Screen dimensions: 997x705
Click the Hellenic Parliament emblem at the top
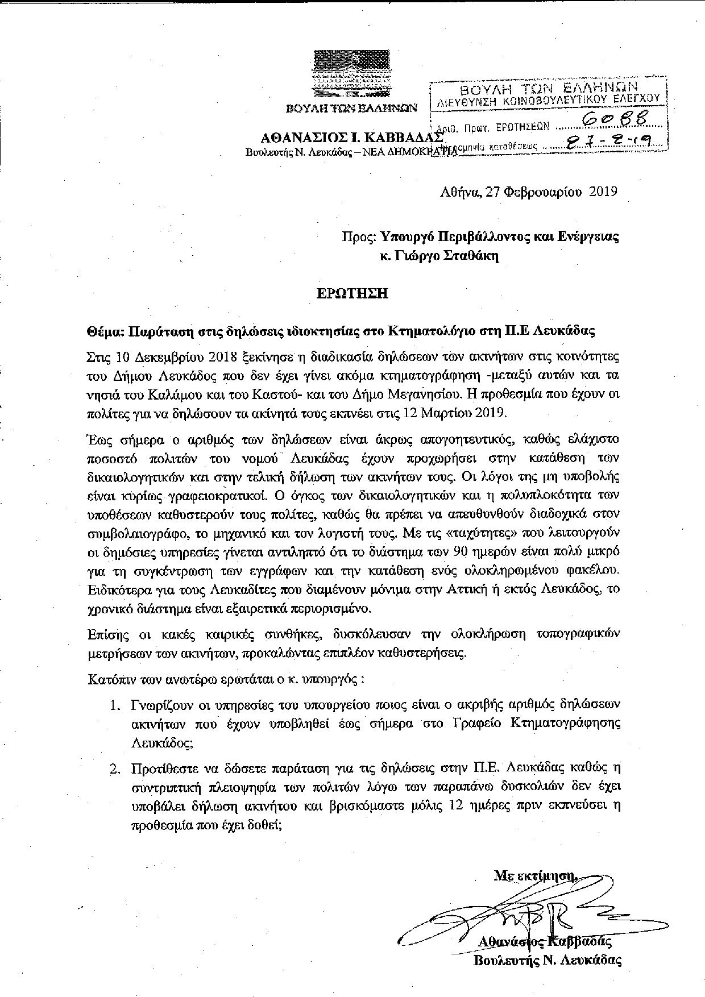tap(352, 73)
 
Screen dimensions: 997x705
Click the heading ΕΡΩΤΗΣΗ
tap(352, 293)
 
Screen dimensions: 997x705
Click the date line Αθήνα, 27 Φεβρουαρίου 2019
tap(529, 192)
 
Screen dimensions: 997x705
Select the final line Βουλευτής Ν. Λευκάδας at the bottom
tap(548, 961)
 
